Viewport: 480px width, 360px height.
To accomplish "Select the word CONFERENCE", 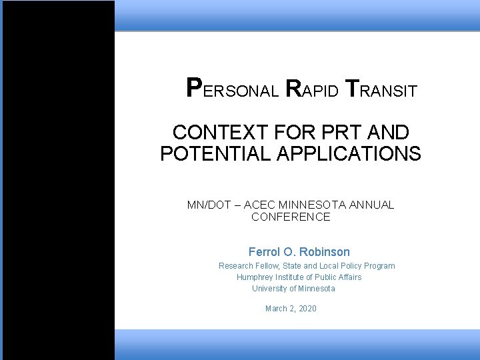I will pyautogui.click(x=291, y=217).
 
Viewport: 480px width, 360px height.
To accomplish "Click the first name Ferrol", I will pyautogui.click(x=266, y=252).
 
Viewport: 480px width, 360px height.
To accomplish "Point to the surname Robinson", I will pyautogui.click(x=325, y=252).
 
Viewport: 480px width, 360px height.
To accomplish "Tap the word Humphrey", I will pyautogui.click(x=256, y=277).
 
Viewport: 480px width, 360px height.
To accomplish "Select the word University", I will pyautogui.click(x=270, y=289).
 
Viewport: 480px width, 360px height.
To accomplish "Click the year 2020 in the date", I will pyautogui.click(x=307, y=309).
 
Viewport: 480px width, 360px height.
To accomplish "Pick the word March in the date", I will pyautogui.click(x=276, y=309).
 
